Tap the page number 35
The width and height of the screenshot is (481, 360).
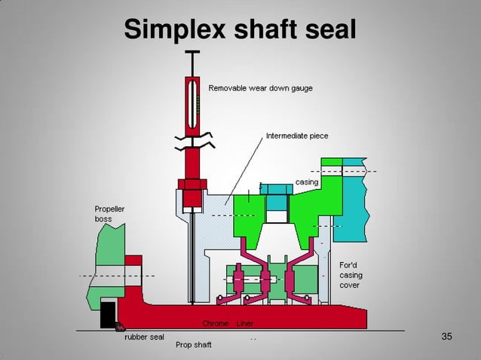point(446,336)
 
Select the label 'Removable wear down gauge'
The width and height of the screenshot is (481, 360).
point(260,88)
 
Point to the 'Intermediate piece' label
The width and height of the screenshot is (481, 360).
point(297,136)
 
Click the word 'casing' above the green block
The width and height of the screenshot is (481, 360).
point(307,182)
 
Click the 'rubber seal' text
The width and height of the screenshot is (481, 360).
point(144,337)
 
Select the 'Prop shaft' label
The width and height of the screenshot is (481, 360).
point(194,344)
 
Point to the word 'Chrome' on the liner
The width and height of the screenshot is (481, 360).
point(216,323)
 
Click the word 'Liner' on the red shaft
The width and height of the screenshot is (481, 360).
point(245,323)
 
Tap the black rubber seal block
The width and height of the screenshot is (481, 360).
point(108,313)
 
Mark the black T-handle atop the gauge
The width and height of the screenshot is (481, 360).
point(193,53)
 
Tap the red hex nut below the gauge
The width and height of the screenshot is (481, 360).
point(191,185)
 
